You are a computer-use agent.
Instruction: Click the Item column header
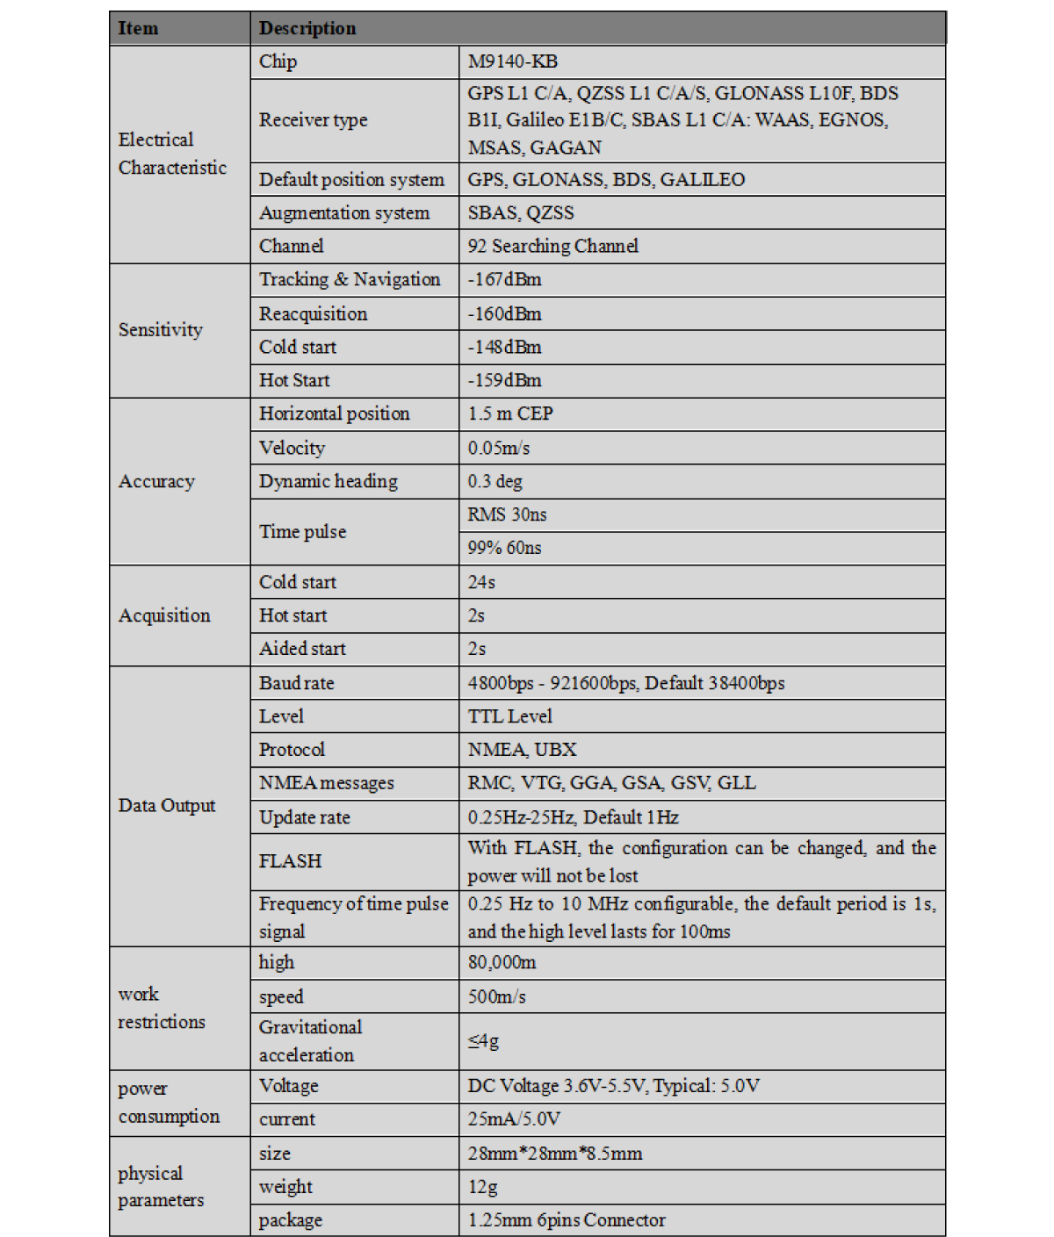[x=139, y=28]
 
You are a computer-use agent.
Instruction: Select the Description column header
[x=307, y=28]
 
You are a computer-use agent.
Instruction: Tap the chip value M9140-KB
[x=513, y=61]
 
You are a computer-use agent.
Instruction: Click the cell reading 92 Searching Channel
[x=552, y=246]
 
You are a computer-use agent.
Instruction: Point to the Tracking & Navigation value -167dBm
[x=504, y=279]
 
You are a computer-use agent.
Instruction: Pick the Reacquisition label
[x=313, y=313]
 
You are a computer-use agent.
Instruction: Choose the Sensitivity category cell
[x=161, y=330]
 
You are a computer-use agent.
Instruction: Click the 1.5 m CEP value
[x=510, y=414]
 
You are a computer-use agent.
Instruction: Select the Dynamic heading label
[x=328, y=481]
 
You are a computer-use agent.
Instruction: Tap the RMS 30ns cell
[x=507, y=514]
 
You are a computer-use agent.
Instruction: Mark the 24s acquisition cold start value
[x=481, y=582]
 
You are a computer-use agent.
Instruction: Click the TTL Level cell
[x=509, y=716]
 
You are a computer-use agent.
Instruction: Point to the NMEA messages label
[x=326, y=783]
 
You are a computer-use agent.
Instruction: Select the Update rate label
[x=304, y=817]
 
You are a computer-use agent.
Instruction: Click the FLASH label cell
[x=290, y=861]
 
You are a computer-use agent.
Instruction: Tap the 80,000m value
[x=502, y=962]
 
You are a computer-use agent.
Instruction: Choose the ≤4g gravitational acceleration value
[x=483, y=1041]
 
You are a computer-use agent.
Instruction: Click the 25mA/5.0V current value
[x=514, y=1119]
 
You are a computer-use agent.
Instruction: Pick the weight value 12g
[x=482, y=1187]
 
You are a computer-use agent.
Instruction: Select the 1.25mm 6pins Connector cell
[x=567, y=1220]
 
